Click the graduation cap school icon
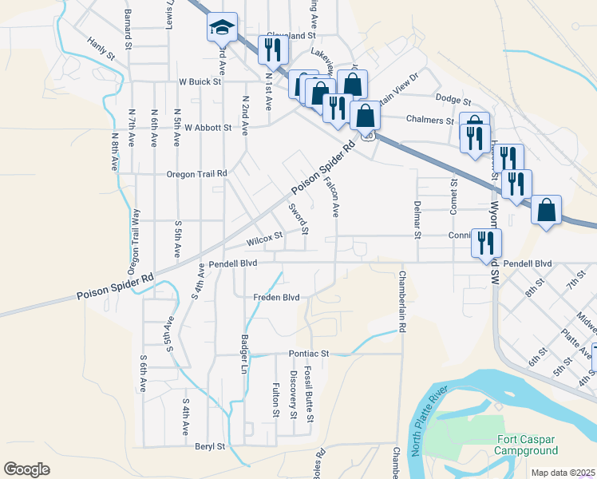tap(221, 27)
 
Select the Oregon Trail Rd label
tap(196, 173)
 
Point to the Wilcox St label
tap(265, 237)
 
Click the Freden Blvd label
tap(276, 298)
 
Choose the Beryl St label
tap(210, 447)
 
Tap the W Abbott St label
tap(208, 127)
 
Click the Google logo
tap(26, 469)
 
